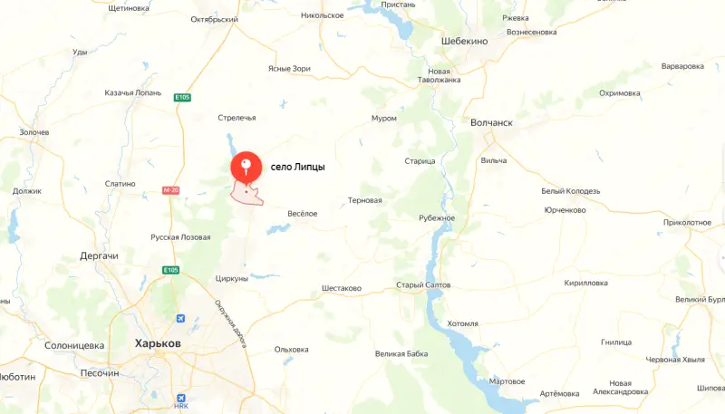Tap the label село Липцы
297,168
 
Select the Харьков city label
158,344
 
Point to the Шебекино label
464,42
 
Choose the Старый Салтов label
423,285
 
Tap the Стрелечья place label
237,118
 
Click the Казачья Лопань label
132,93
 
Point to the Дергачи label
99,256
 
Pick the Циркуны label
232,279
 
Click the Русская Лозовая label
180,238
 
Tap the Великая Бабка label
401,353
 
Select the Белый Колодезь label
570,191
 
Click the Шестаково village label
342,289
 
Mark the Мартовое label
507,381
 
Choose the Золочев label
34,132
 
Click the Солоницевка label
75,345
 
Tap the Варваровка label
682,66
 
